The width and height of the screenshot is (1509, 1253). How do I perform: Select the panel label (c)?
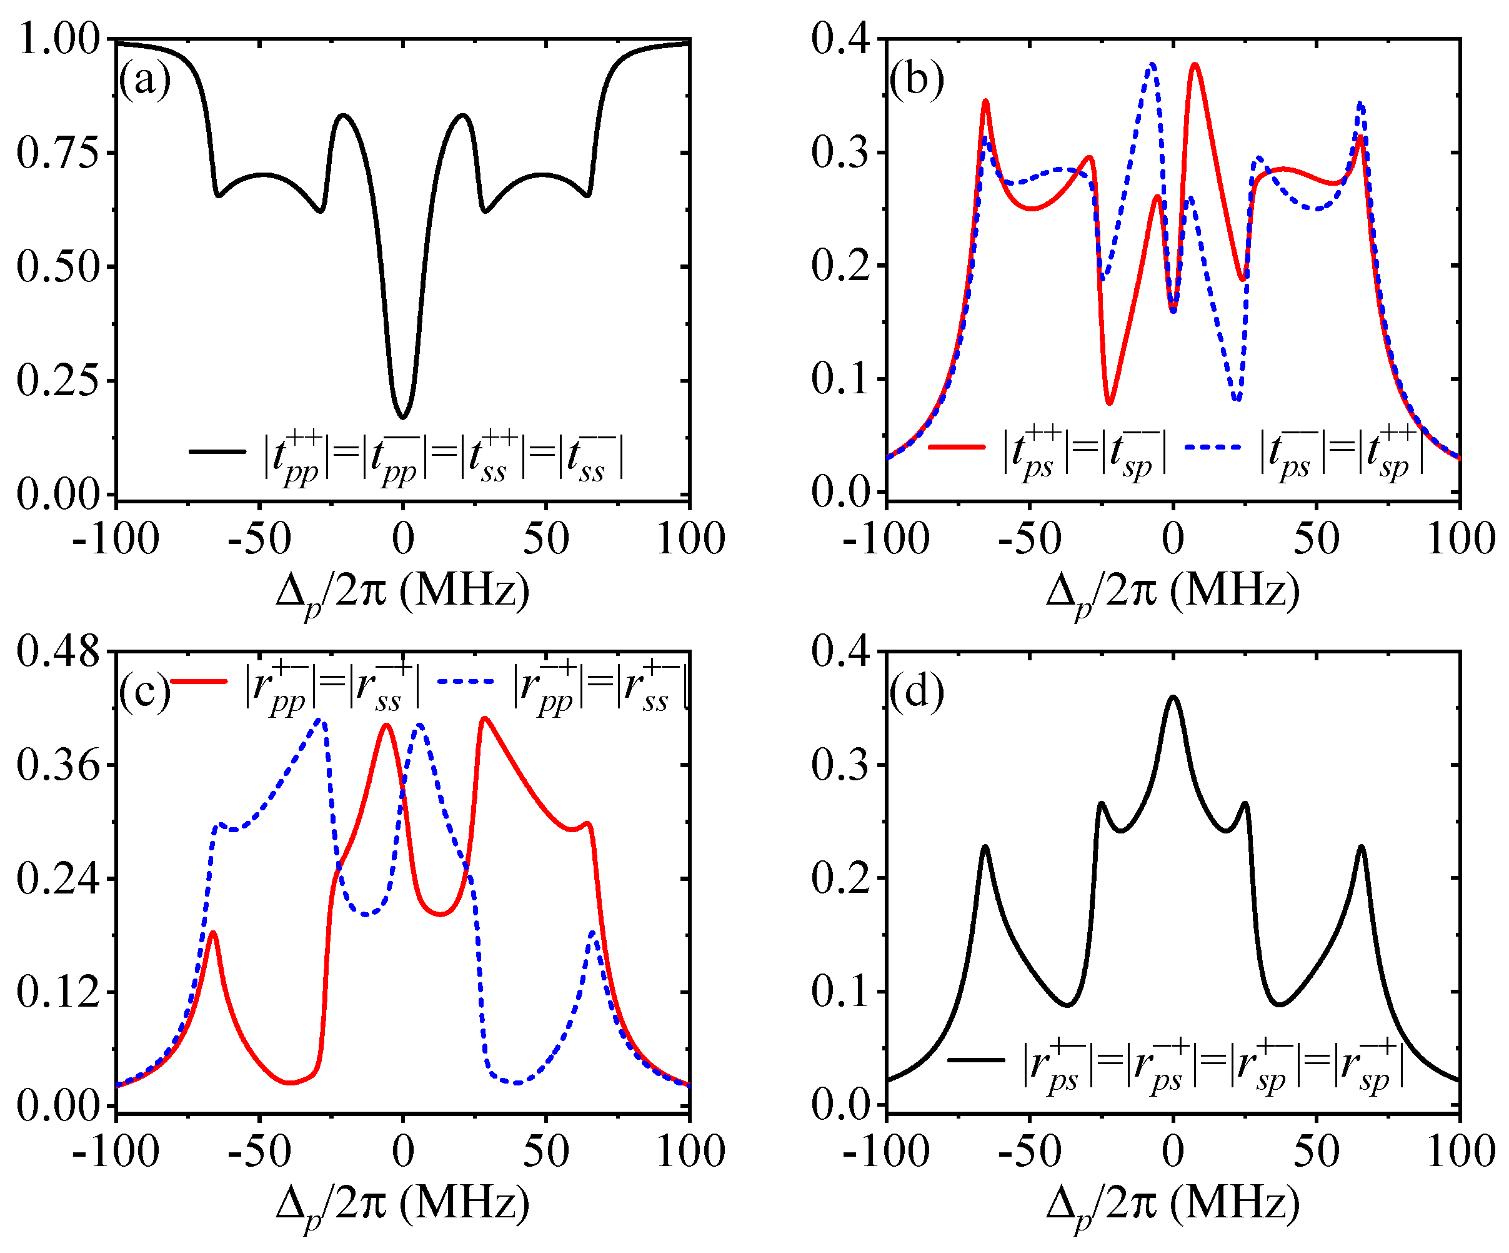(144, 692)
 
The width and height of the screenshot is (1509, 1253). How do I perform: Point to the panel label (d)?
(916, 692)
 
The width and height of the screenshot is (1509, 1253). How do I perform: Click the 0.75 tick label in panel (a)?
(57, 153)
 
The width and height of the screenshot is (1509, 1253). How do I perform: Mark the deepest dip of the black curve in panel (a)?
(403, 417)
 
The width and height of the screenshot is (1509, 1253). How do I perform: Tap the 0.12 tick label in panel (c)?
(57, 992)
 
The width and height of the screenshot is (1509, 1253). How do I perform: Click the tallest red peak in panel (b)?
(1194, 64)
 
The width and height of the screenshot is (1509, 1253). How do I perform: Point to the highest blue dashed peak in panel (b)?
(1152, 64)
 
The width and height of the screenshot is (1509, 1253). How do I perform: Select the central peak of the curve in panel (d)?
(1173, 697)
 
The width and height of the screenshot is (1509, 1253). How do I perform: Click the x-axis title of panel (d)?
(1173, 1205)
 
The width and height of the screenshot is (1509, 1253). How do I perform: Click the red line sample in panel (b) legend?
(957, 447)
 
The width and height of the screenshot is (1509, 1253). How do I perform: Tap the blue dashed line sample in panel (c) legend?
(466, 681)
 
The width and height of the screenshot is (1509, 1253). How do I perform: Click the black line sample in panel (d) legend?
(976, 1059)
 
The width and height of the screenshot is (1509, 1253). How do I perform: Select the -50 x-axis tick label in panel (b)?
(1030, 539)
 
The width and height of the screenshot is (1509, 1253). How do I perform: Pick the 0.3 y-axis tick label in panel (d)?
(839, 764)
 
